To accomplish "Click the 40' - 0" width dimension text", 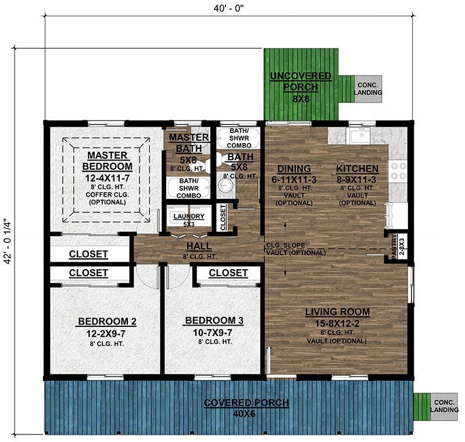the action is tap(228, 8).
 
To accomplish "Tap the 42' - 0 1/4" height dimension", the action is tap(8, 241).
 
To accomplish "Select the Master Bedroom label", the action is tap(108, 161).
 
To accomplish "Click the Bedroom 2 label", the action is tap(107, 321).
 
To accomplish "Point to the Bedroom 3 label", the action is tap(214, 320).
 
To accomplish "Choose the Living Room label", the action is tap(338, 312).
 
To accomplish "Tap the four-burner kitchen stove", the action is tap(398, 171).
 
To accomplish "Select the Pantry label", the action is tap(394, 247).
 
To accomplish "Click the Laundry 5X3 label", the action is tap(189, 220).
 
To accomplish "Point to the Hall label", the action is tap(199, 246).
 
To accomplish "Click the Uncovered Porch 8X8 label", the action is tap(301, 87).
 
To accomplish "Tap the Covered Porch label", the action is tap(246, 402).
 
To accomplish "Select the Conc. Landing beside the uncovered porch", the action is tap(368, 89).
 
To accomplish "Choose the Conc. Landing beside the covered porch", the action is tap(444, 406).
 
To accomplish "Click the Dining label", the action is tap(294, 169).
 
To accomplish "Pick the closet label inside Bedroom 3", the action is tap(228, 273).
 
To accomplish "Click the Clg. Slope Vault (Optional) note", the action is tap(296, 249).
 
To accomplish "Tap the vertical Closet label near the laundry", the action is tap(223, 218).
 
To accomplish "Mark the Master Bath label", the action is tap(189, 142).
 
